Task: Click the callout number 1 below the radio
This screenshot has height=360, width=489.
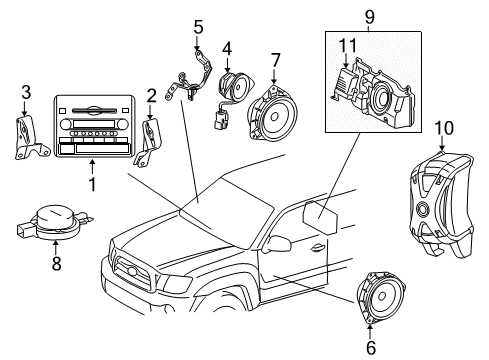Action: tap(93, 185)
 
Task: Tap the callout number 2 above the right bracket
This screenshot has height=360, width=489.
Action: tap(151, 97)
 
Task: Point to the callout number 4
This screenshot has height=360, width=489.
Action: tap(227, 46)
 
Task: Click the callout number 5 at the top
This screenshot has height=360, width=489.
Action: tap(198, 26)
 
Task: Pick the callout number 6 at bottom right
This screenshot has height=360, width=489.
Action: tap(372, 348)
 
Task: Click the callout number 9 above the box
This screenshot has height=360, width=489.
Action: tap(370, 16)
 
